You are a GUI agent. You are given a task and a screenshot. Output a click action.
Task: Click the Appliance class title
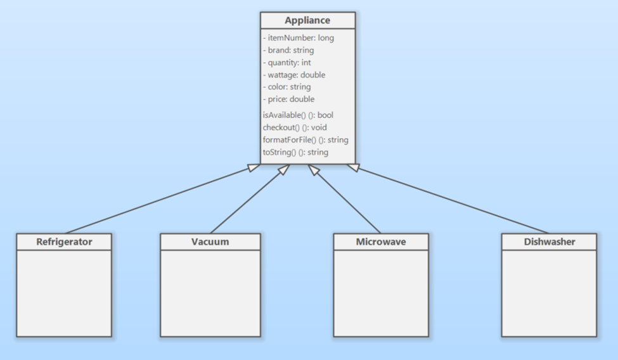(x=307, y=20)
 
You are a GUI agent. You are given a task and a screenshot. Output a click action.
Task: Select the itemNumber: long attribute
(x=298, y=38)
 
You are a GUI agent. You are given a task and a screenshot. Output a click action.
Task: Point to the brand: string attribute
(x=288, y=50)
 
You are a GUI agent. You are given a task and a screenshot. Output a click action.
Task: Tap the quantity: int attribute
(x=287, y=63)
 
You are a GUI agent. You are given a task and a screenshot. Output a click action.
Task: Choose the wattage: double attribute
(x=294, y=75)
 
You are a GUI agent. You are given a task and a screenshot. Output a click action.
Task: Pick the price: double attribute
(x=289, y=99)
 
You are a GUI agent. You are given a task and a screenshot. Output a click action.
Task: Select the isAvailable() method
(x=297, y=115)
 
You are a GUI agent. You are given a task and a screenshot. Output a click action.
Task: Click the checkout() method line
(x=295, y=127)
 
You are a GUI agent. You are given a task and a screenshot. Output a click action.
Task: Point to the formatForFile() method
(x=305, y=139)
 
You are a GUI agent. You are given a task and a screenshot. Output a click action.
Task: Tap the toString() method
(x=295, y=152)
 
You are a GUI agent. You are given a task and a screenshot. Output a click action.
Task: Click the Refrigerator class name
(x=64, y=241)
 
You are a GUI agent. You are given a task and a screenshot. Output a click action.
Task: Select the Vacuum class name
(x=210, y=241)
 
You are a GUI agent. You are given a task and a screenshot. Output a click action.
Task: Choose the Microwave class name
(x=380, y=241)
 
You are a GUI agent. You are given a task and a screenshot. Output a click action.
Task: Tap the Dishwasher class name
(x=549, y=241)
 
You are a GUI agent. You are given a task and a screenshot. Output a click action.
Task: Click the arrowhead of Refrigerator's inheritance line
(x=254, y=167)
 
